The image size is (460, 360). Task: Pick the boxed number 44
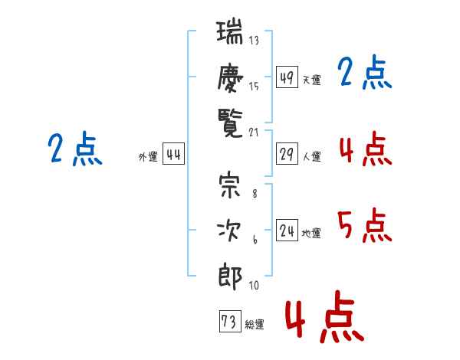tap(173, 155)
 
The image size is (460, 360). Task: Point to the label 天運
tap(311, 80)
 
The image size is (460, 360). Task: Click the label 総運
tap(255, 325)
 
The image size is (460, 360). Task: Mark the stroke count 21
tap(255, 132)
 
